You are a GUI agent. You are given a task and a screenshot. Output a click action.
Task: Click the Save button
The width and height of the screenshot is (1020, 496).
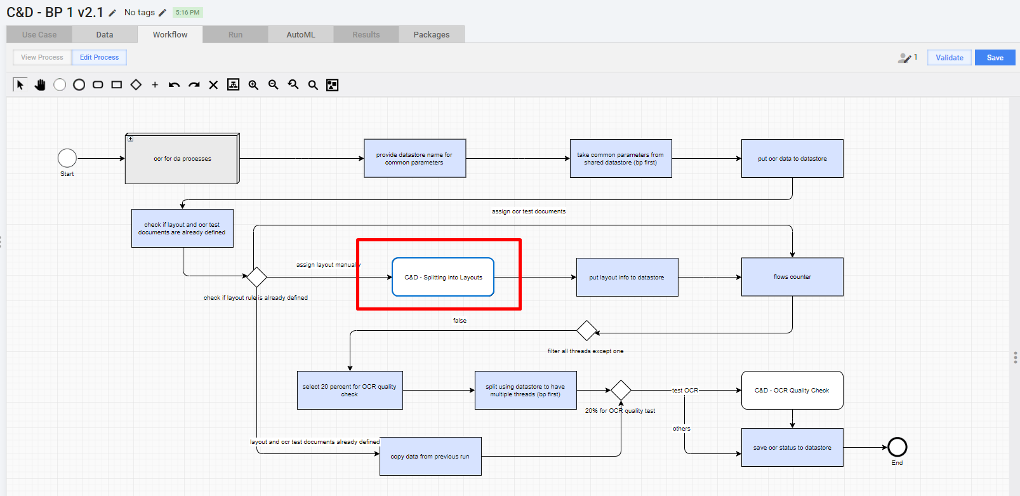[x=995, y=57]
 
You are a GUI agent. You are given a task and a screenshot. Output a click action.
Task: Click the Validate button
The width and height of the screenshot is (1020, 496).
[x=950, y=57]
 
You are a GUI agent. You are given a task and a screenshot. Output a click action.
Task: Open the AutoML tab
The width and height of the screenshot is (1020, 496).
[x=300, y=35]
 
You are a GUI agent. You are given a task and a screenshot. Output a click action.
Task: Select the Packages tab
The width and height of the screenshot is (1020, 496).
[x=431, y=35]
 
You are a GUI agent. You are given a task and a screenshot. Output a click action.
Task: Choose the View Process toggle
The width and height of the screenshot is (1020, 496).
[x=42, y=57]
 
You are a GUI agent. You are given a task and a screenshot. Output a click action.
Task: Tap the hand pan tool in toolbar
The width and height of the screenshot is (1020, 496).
[x=40, y=84]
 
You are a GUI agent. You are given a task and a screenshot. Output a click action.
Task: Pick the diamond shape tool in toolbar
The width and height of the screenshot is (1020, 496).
[x=136, y=84]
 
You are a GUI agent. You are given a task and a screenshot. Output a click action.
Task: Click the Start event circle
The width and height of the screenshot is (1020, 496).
[x=67, y=159]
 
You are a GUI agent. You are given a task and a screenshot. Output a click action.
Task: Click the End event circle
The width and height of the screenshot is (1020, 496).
[x=897, y=447]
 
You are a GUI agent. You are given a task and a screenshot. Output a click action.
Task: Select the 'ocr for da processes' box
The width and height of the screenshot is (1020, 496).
[x=182, y=159]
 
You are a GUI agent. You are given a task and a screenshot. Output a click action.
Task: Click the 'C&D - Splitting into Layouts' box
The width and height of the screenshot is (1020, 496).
[x=443, y=277]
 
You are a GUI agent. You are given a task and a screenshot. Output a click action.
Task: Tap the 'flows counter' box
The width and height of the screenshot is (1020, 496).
[x=792, y=277]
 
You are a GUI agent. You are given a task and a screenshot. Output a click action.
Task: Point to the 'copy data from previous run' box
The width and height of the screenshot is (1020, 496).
[x=430, y=457]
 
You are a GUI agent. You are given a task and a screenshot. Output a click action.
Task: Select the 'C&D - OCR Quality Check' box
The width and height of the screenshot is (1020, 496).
[x=792, y=391]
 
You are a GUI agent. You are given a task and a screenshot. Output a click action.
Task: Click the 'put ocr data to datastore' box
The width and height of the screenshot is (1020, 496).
[x=792, y=159]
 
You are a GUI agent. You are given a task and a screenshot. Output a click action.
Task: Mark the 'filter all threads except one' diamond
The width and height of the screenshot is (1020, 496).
[x=586, y=331]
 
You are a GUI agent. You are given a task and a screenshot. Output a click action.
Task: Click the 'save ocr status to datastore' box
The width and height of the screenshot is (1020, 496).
[x=792, y=447]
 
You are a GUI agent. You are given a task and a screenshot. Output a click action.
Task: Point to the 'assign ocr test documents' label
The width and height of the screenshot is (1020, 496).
[x=529, y=211]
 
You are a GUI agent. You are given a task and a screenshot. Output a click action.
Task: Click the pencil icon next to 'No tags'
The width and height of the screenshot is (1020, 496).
[x=162, y=13]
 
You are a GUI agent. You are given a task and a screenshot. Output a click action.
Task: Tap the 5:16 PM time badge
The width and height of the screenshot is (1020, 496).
[x=188, y=13]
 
